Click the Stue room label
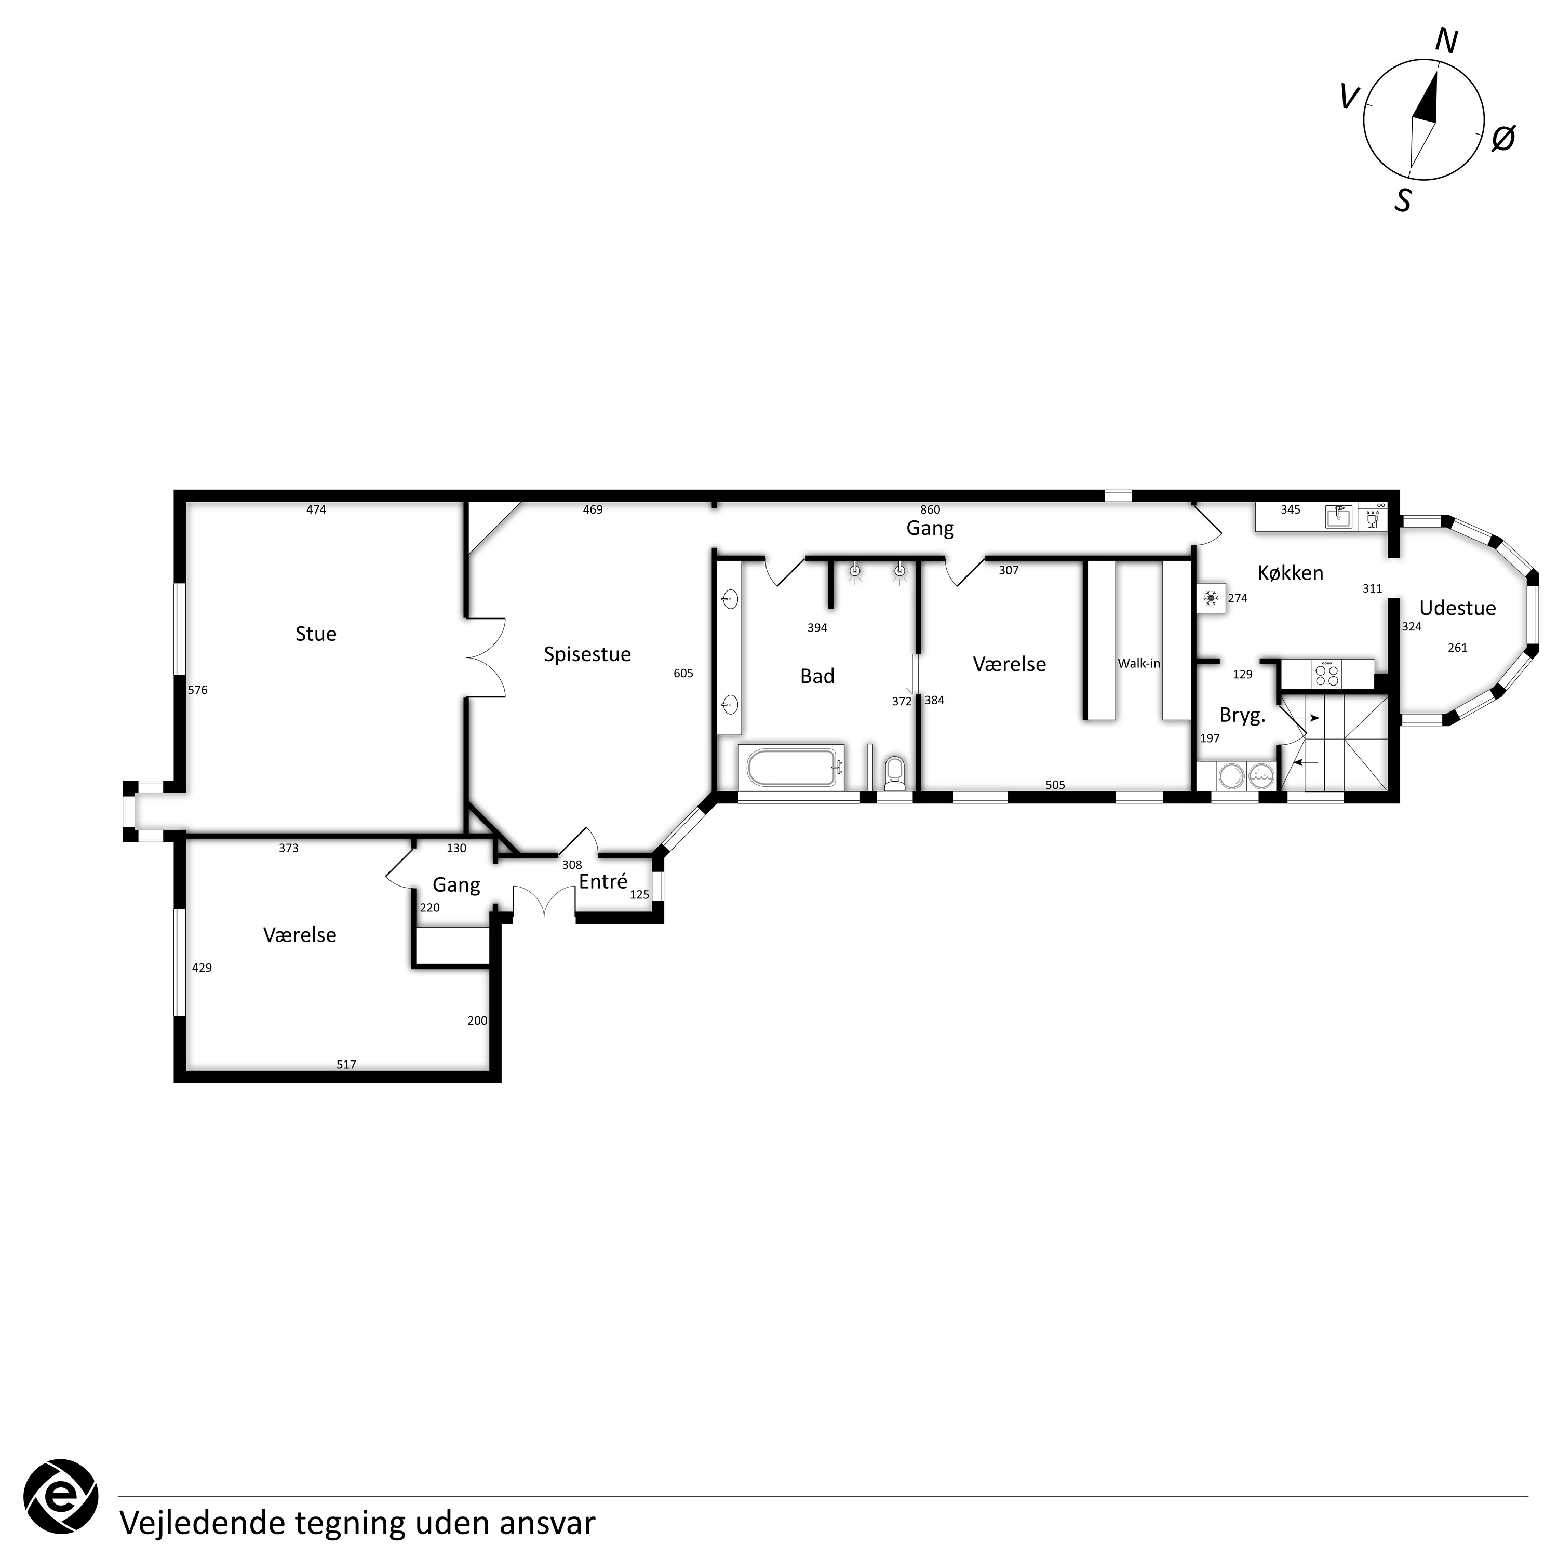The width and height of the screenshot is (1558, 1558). pos(316,634)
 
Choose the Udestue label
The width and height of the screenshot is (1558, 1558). pos(1457,608)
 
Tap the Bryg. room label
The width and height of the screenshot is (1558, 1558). pos(1242,715)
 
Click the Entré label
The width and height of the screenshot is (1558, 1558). pos(603,881)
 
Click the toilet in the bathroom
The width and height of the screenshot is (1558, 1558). pos(894,773)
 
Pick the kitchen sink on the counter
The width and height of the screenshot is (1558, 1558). pos(1339,517)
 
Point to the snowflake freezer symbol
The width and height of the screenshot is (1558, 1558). pos(1211,598)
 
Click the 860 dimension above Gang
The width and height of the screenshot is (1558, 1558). pos(930,509)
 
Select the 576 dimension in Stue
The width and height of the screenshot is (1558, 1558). pos(197,690)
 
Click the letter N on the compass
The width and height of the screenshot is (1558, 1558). pos(1447,42)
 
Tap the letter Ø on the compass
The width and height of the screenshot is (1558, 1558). pos(1503,139)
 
